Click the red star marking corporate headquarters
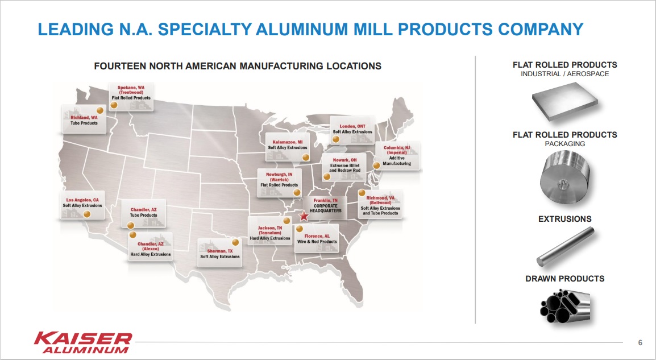pyautogui.click(x=304, y=216)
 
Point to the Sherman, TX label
pyautogui.click(x=219, y=253)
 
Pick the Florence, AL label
pyautogui.click(x=317, y=238)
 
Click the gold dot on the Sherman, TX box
pyautogui.click(x=235, y=242)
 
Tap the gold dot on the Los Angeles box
pyautogui.click(x=87, y=214)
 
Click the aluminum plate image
pyautogui.click(x=565, y=102)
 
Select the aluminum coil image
pyautogui.click(x=565, y=177)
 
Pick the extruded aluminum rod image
pyautogui.click(x=566, y=246)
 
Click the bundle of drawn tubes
pyautogui.click(x=565, y=305)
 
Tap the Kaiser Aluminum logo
pyautogui.click(x=83, y=343)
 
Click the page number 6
pyautogui.click(x=640, y=343)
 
